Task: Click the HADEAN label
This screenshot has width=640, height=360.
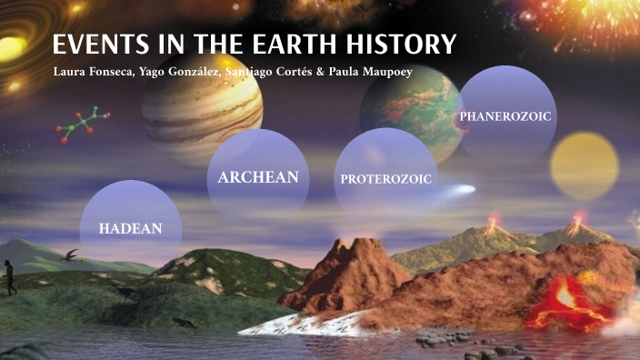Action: pyautogui.click(x=130, y=227)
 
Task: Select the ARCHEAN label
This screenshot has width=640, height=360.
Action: pyautogui.click(x=258, y=177)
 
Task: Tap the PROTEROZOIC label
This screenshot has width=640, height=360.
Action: pyautogui.click(x=386, y=178)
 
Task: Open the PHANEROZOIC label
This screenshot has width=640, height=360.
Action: pyautogui.click(x=505, y=116)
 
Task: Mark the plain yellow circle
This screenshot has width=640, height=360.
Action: pyautogui.click(x=585, y=166)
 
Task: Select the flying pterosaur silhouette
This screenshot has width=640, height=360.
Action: pyautogui.click(x=72, y=255)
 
